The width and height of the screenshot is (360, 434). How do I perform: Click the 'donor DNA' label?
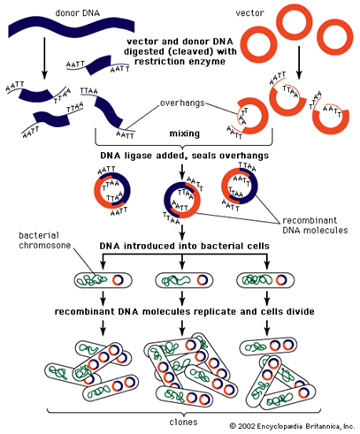pyautogui.click(x=78, y=13)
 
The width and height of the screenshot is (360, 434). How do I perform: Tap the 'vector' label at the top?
pyautogui.click(x=249, y=13)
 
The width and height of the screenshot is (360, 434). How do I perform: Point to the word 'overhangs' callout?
pyautogui.click(x=182, y=103)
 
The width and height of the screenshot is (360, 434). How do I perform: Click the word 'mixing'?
pyautogui.click(x=185, y=133)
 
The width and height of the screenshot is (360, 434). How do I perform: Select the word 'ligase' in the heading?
pyautogui.click(x=138, y=156)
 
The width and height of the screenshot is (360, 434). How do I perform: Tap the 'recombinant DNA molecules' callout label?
pyautogui.click(x=315, y=225)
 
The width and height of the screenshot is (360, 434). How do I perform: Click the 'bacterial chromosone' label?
pyautogui.click(x=45, y=240)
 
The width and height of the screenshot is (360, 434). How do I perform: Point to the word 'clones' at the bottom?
pyautogui.click(x=183, y=422)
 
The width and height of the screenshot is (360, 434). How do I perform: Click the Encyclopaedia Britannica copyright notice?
pyautogui.click(x=292, y=426)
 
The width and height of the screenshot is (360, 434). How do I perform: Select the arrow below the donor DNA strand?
pyautogui.click(x=44, y=58)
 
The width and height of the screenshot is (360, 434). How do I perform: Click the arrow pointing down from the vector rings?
pyautogui.click(x=299, y=63)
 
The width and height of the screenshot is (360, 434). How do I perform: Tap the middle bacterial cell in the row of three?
pyautogui.click(x=184, y=280)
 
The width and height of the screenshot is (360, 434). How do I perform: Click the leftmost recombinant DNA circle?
pyautogui.click(x=112, y=190)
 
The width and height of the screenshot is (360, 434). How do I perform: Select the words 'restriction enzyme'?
pyautogui.click(x=180, y=62)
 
